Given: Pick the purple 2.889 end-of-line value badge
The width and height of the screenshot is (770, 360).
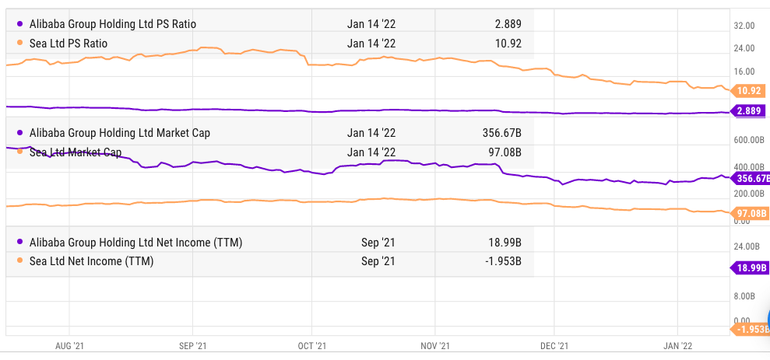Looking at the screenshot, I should pos(749,111).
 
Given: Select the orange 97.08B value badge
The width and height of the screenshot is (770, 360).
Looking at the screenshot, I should pos(749,213).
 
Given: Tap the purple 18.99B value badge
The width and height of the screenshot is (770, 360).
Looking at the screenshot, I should pos(751,268).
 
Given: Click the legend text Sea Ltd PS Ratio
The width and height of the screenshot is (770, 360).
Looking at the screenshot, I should pos(69,43).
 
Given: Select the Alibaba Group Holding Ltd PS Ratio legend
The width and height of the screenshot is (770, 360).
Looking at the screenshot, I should pos(113,24).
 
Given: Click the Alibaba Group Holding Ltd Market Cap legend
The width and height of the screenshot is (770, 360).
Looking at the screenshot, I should pos(119,133).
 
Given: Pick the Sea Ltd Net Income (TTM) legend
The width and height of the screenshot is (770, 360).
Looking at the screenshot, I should pos(91,261).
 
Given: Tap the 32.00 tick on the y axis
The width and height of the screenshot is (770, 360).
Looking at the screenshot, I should pos(744,26).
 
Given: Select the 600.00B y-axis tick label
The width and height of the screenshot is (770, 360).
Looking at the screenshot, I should pos(749,140).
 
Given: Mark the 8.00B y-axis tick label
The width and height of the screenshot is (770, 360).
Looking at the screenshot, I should pos(745,296).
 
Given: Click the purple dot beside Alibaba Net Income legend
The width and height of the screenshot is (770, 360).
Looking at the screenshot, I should pos(19,243).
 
